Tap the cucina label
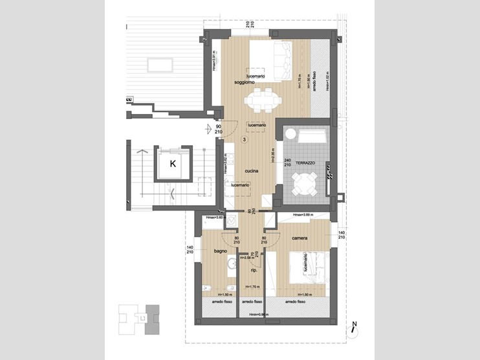pos(252,171)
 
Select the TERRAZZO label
pos(305,164)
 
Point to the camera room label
pos(299,239)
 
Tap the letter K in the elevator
pos(173,164)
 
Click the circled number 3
pos(245,139)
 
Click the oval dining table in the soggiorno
pos(263,100)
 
